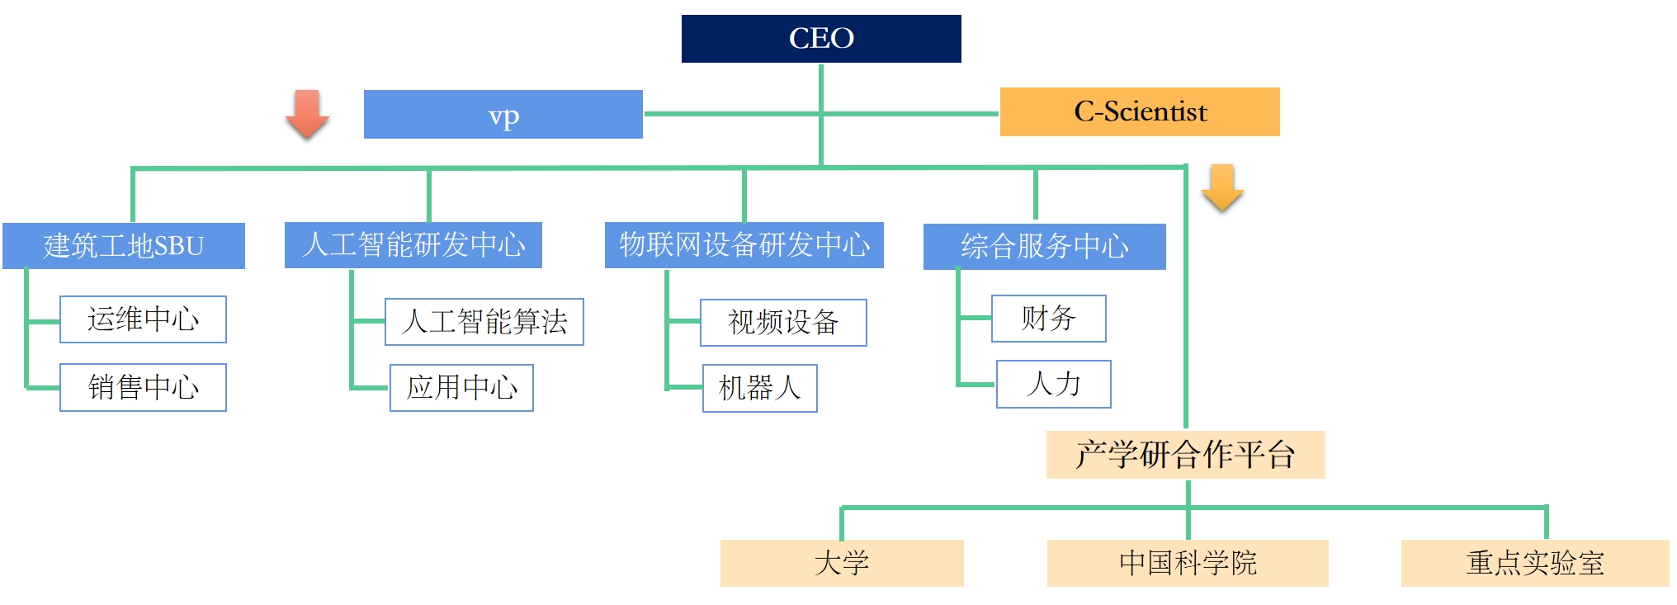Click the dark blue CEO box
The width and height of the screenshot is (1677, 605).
coord(821,39)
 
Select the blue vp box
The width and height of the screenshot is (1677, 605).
coord(503,115)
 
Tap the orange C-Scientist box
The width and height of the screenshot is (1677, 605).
coord(1140,111)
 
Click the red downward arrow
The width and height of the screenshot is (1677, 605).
coord(307,113)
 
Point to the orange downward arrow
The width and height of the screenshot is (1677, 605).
coord(1222,187)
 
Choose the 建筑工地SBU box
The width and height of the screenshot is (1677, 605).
coord(124,246)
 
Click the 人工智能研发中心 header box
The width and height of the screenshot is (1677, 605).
coord(413,245)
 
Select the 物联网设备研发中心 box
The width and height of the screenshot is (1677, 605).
coord(744,245)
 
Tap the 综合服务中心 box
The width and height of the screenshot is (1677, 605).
coord(1044,247)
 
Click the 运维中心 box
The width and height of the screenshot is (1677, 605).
coord(143,319)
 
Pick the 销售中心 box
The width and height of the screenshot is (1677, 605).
coord(143,387)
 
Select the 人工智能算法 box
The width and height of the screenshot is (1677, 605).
coord(484,322)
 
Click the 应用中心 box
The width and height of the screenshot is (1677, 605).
coord(461,388)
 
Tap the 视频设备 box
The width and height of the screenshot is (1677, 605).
coord(783,323)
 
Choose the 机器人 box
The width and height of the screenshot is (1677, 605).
coord(759,388)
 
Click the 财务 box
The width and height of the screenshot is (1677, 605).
coord(1048,319)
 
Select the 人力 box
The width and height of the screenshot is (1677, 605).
coord(1053,384)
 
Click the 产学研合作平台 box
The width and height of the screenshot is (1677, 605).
coord(1185,455)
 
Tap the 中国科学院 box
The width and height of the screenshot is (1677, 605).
coord(1188,564)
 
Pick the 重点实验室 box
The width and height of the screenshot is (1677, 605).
coord(1535,564)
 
